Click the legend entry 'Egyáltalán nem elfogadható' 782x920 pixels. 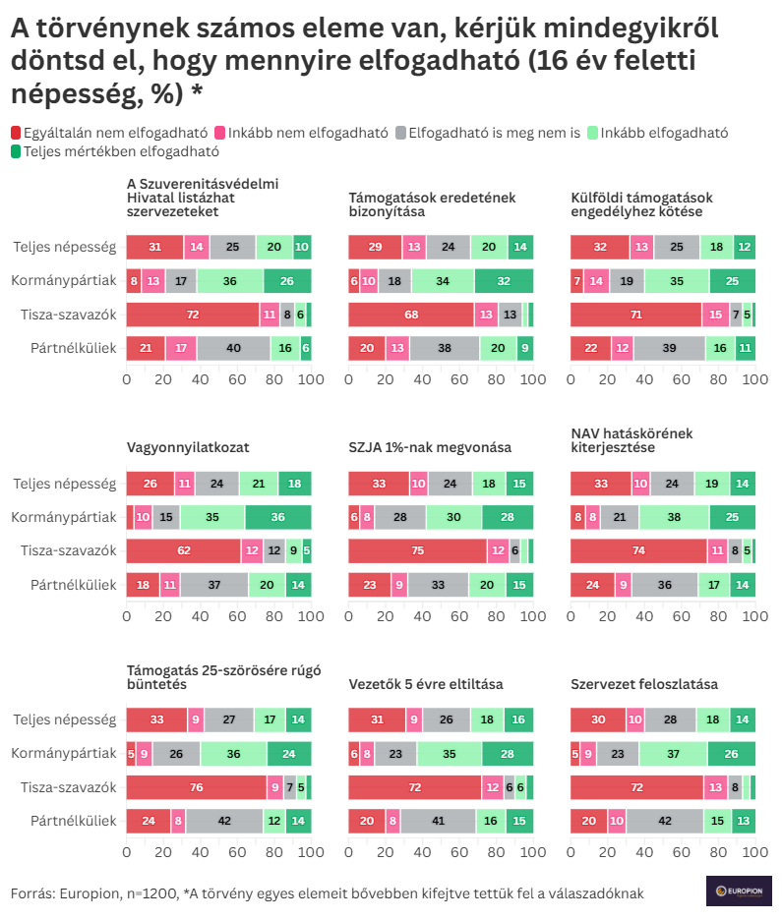point(108,133)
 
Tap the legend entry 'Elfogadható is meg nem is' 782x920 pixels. point(493,133)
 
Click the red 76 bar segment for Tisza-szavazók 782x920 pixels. point(196,786)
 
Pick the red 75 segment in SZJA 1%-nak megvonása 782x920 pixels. point(417,550)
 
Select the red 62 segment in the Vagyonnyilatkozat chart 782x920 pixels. point(183,550)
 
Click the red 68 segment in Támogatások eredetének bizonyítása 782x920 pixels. point(410,315)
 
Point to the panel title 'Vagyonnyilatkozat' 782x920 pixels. point(188,447)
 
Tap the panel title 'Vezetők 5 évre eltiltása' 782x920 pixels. point(426,683)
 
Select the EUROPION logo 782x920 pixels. point(738,891)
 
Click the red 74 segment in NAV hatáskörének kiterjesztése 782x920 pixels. point(638,550)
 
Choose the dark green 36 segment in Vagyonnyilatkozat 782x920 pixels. point(278,517)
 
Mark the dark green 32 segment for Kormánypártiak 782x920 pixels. point(504,281)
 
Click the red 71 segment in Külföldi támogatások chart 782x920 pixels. point(635,315)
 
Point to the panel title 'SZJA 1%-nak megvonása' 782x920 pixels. point(430,447)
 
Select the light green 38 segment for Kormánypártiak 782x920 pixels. point(674,517)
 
